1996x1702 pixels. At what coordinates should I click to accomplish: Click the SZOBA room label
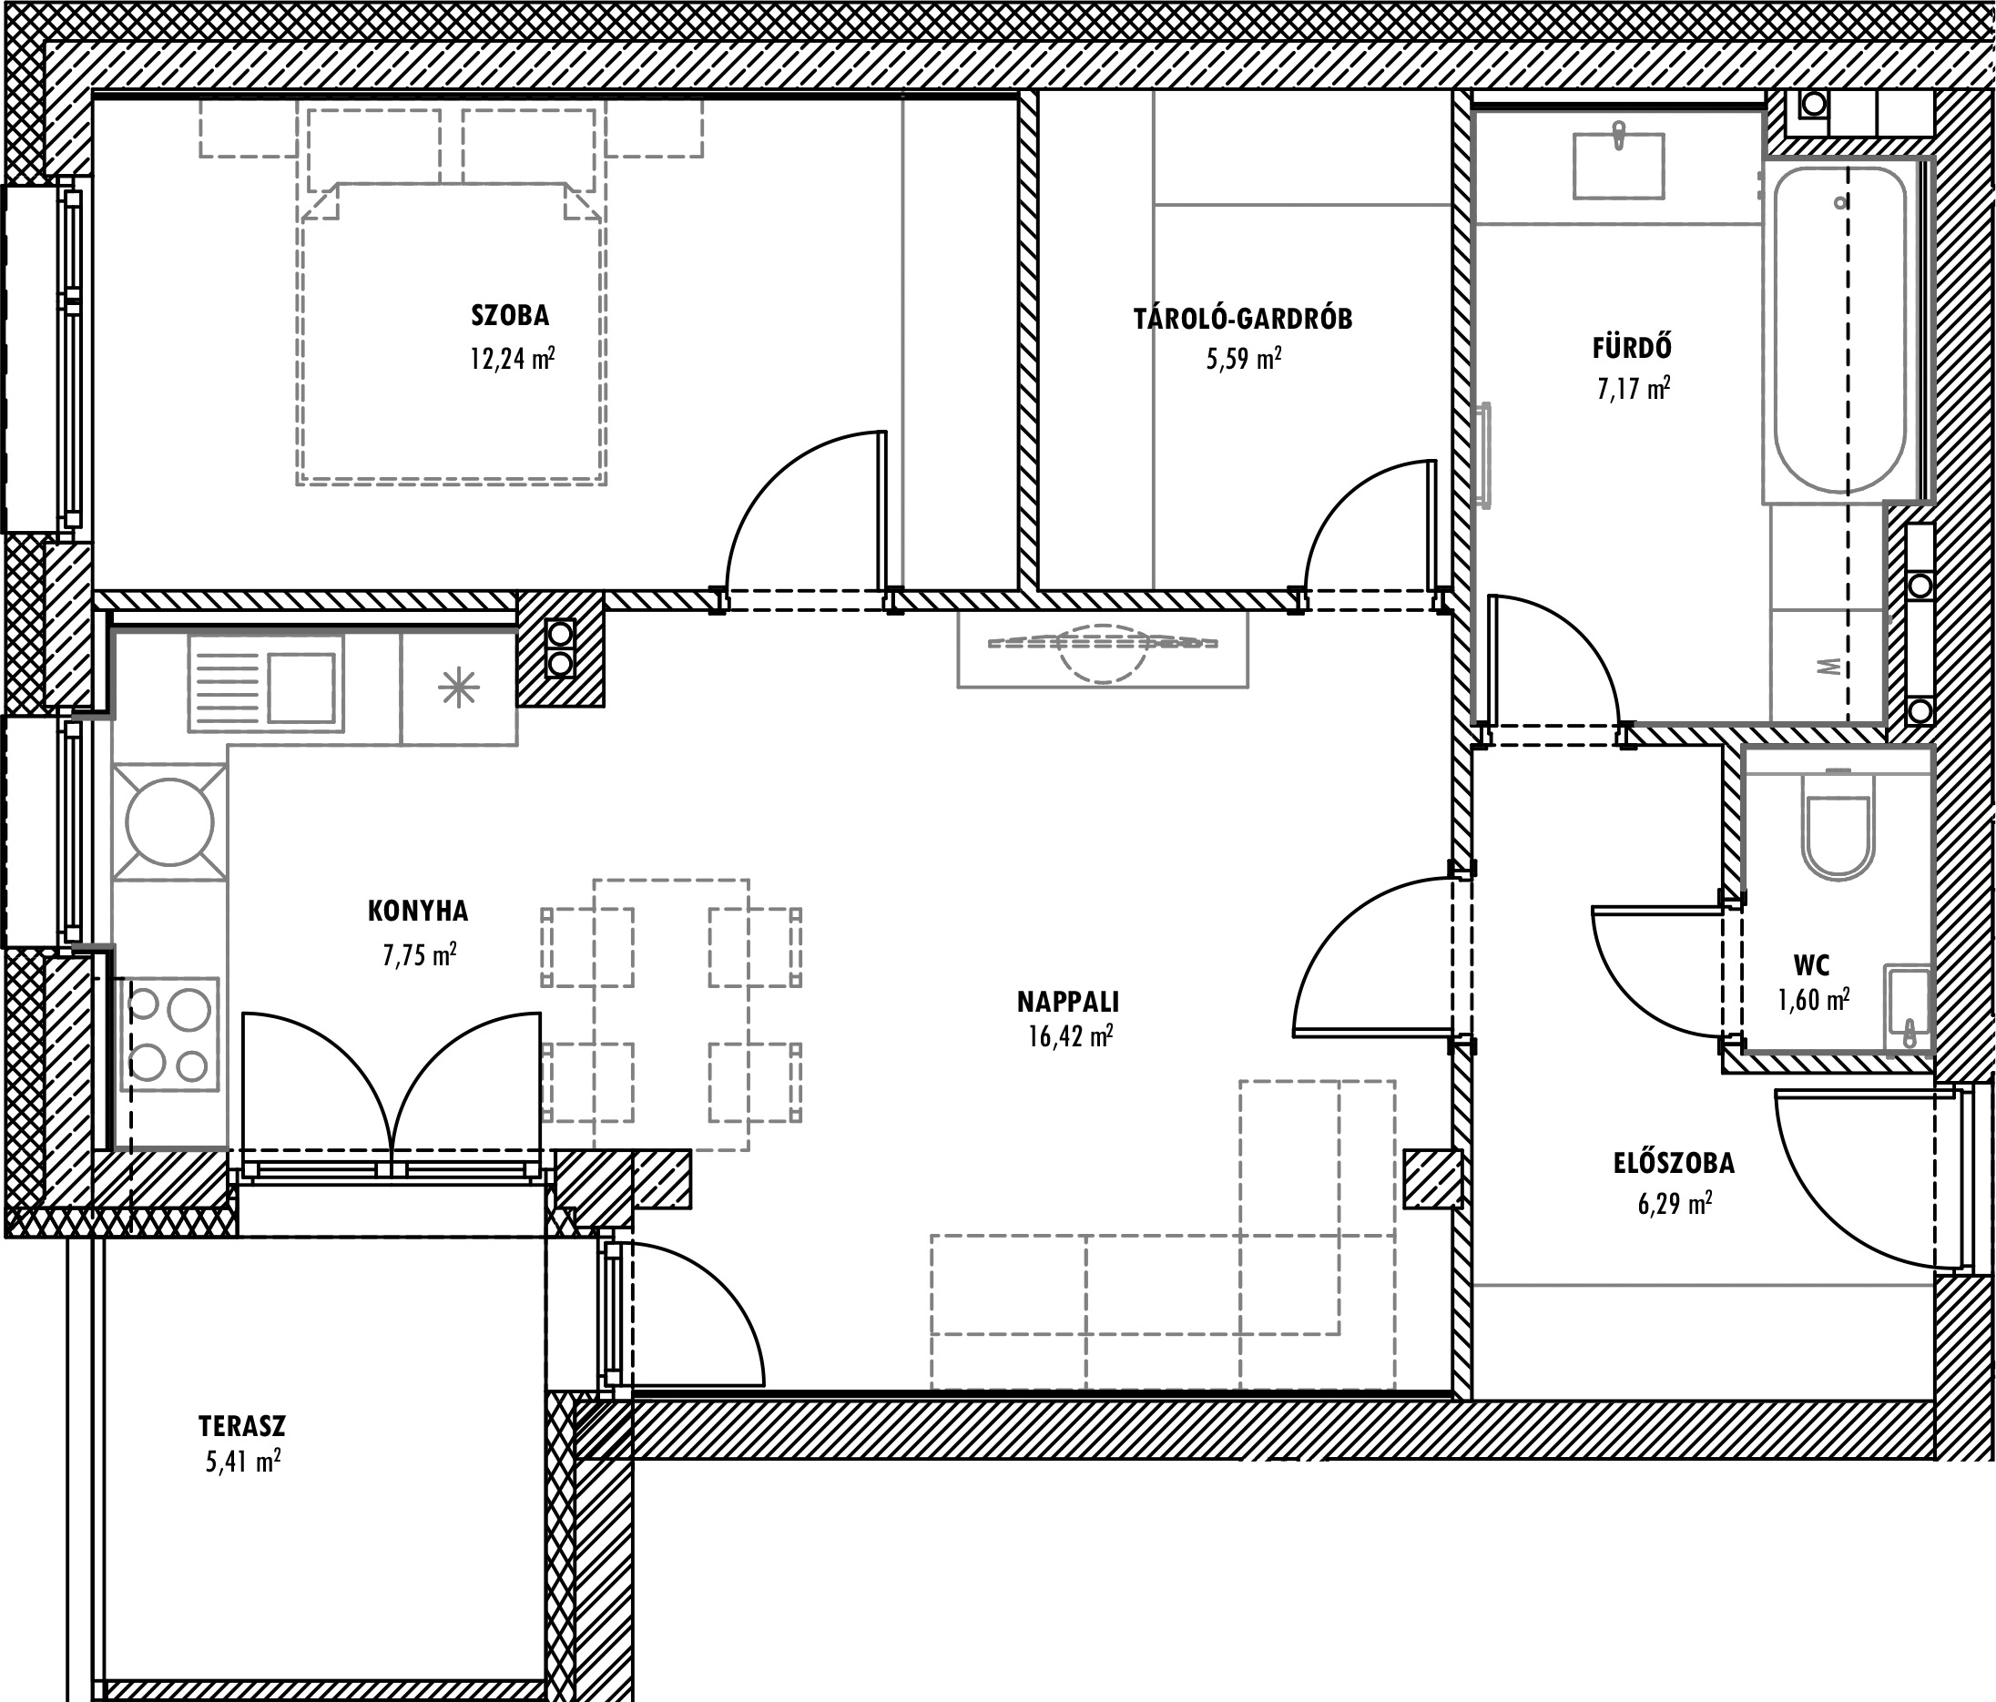511,315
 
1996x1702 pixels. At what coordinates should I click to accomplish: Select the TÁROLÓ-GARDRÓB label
1243,318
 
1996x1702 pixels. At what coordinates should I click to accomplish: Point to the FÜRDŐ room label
1632,346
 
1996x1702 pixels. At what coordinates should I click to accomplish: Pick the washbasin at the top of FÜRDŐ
1618,166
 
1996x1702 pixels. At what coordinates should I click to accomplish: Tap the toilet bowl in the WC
1839,836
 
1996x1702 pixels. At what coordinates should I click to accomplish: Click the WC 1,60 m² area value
1813,1000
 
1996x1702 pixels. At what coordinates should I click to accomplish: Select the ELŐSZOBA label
1675,1163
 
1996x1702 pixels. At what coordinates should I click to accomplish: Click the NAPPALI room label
1068,1002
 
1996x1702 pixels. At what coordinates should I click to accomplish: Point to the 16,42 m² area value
1070,1036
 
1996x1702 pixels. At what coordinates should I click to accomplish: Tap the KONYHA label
418,911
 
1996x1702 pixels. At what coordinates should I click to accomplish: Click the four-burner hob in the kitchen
169,1034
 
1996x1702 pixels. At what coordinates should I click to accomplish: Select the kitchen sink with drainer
266,683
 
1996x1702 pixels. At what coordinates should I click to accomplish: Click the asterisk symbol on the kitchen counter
459,688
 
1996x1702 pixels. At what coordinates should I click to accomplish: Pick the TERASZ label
242,1425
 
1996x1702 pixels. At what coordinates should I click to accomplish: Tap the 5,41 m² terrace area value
243,1462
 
